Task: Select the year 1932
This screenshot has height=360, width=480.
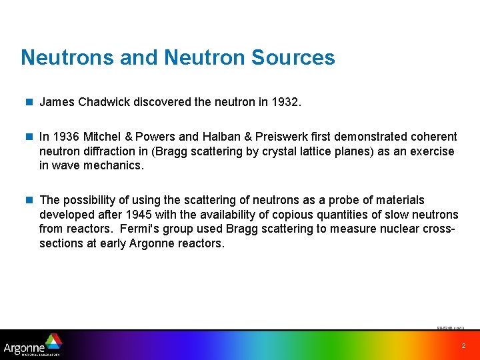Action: (x=286, y=103)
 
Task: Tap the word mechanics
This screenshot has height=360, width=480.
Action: (x=113, y=166)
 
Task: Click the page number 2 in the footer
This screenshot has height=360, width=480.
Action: (x=463, y=346)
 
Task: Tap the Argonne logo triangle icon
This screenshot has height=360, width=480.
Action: (x=53, y=341)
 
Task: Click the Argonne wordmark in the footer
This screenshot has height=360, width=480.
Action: (x=24, y=347)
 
